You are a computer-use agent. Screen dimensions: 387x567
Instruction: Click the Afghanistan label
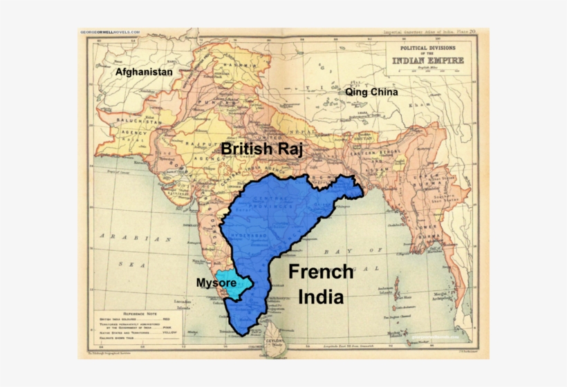click(144, 72)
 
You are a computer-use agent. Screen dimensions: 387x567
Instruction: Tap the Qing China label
click(371, 91)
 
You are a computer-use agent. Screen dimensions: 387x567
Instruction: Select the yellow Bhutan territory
click(360, 139)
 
